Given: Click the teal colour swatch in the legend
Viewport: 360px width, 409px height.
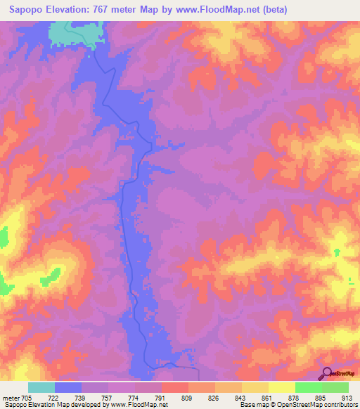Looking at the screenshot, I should click(41, 387).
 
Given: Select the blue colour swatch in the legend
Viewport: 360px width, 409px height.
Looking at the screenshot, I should click(68, 387).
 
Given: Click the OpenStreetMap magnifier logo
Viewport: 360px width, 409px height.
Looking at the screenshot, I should click(327, 373).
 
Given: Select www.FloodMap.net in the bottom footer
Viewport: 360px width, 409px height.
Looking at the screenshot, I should click(134, 405).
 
